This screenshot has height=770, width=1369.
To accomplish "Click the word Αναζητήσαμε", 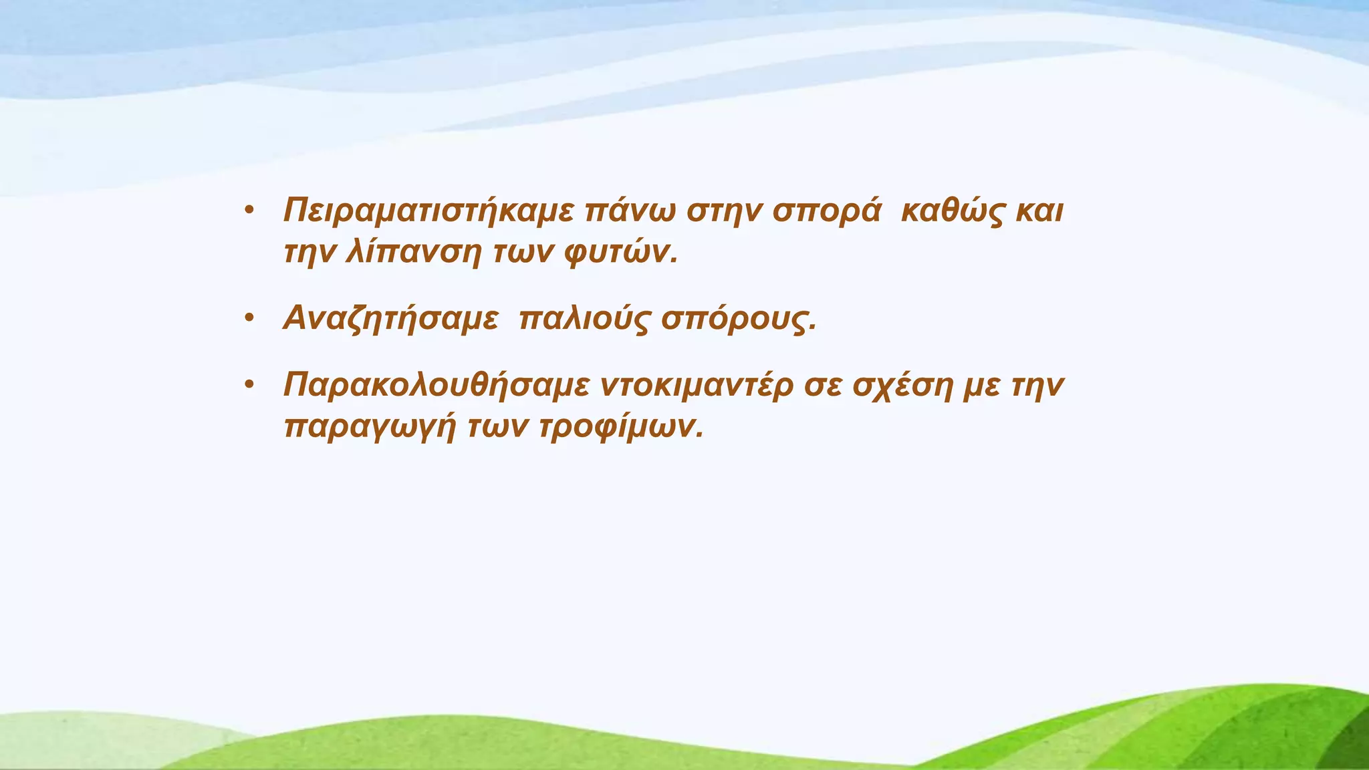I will click(391, 319).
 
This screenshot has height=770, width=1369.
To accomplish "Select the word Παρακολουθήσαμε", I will click(437, 386).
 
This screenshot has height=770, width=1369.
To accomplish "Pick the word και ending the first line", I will click(1039, 212).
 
